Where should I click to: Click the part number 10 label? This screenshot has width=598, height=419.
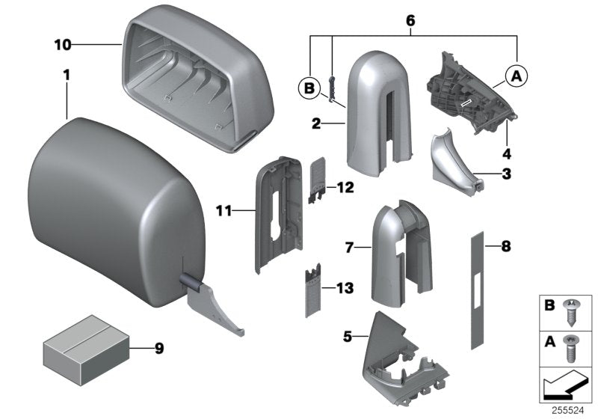(x=63, y=45)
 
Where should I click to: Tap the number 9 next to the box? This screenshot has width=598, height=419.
(x=158, y=348)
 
